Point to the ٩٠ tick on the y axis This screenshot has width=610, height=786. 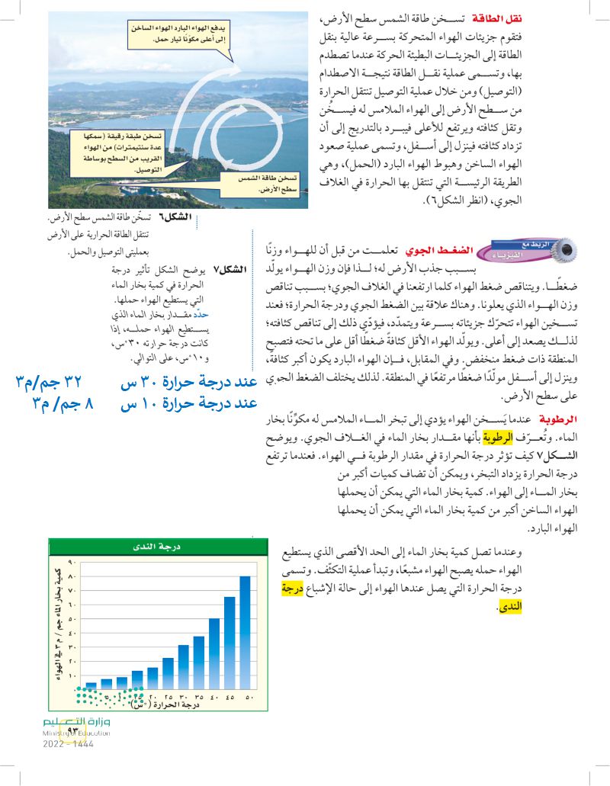tap(73, 563)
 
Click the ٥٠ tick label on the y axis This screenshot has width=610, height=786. tap(73, 618)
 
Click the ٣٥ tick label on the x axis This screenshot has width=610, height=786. tap(199, 697)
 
